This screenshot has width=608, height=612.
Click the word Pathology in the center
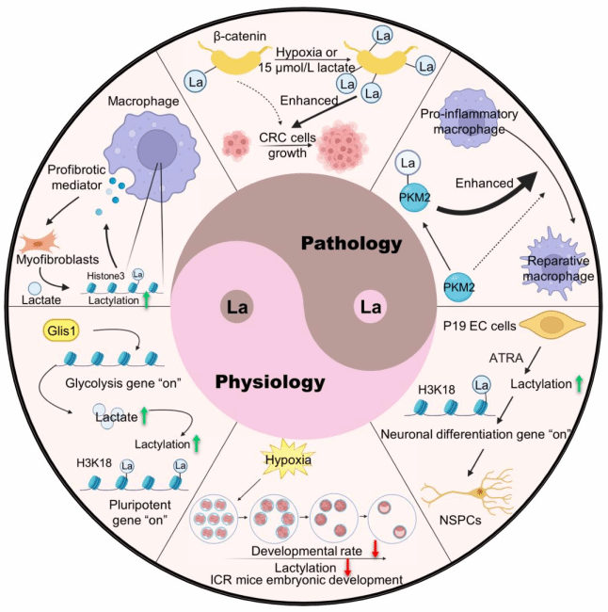point(352,244)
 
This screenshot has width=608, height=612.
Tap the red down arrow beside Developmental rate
point(374,548)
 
